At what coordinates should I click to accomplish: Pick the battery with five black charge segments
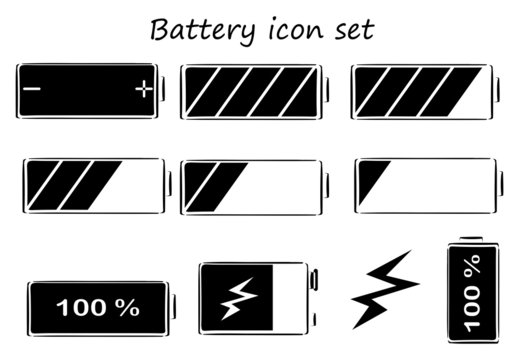click(252, 92)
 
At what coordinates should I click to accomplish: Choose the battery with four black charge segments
click(420, 92)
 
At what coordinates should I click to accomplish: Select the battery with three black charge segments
click(93, 186)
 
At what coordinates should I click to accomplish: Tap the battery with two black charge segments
click(252, 186)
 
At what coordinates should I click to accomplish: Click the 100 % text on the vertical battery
click(472, 295)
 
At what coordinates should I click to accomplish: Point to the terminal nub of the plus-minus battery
click(165, 91)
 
